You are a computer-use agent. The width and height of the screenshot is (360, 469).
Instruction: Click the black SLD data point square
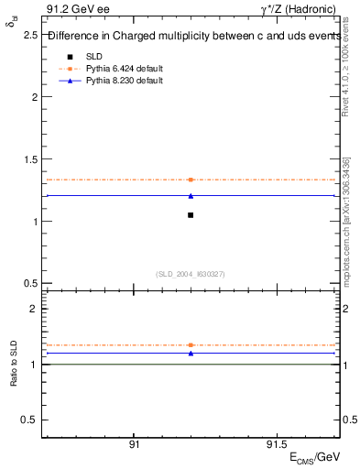click(191, 215)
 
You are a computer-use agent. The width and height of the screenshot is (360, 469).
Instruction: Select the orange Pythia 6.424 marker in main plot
click(191, 180)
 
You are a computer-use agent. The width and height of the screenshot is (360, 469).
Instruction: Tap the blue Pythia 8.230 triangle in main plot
click(191, 195)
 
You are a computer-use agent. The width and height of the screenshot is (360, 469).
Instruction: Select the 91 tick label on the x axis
click(134, 444)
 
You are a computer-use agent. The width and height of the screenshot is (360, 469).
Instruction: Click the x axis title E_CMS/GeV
click(313, 457)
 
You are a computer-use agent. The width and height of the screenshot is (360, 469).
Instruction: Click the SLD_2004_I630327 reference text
click(191, 273)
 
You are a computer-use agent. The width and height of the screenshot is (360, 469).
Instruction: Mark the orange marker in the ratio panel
click(191, 345)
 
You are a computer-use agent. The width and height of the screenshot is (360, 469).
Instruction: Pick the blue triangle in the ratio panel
click(191, 353)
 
